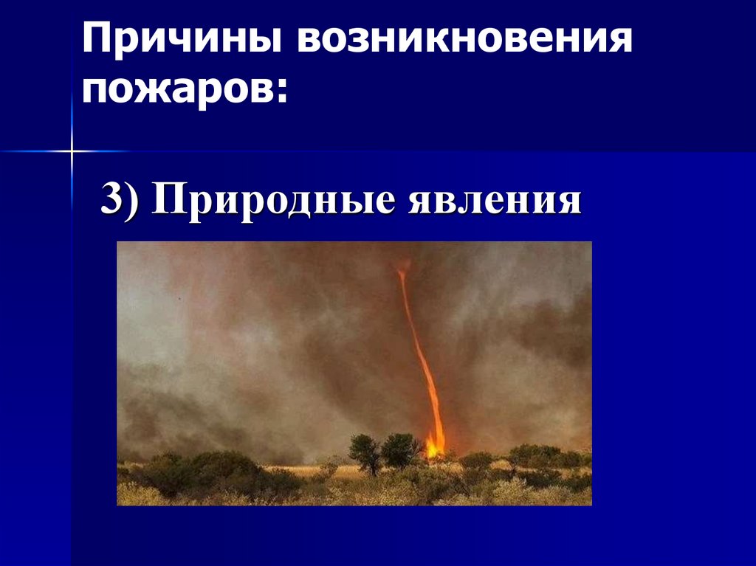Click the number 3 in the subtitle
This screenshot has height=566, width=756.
(x=111, y=200)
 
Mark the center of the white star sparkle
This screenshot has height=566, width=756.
(x=72, y=151)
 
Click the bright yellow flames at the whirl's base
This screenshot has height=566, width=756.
(x=436, y=445)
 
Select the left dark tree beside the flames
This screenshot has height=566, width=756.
(x=364, y=452)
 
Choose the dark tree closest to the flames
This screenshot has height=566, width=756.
(x=400, y=449)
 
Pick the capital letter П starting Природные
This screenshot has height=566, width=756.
(x=167, y=200)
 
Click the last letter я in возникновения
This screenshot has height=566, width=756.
(x=623, y=41)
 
